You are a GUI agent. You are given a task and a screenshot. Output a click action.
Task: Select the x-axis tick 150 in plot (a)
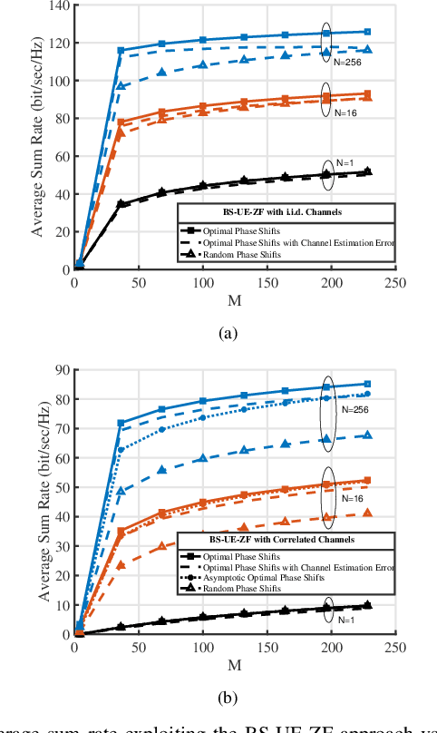coord(268,282)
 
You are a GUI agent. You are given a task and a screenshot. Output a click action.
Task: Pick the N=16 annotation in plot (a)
coord(345,112)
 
